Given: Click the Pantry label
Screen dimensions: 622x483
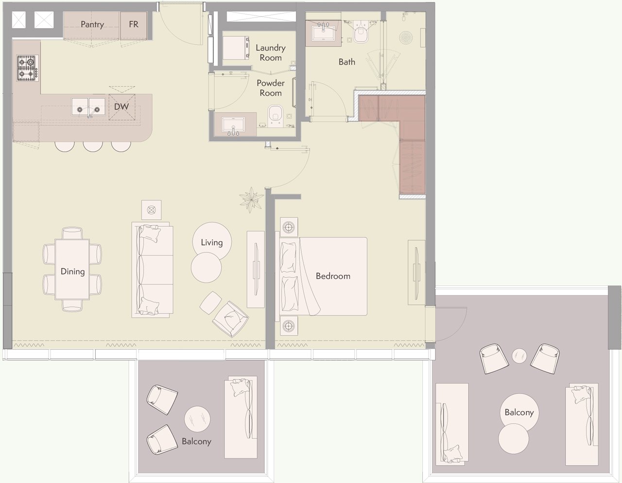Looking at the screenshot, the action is [x=92, y=25].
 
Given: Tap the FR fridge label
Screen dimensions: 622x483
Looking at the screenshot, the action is [x=133, y=24].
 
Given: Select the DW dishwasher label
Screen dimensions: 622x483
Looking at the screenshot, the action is [x=121, y=107].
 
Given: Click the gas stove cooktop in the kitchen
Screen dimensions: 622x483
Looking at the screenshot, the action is [x=27, y=68].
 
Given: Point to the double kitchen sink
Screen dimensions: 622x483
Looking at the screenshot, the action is [x=88, y=107].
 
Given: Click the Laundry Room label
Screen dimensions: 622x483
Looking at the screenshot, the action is [x=271, y=52].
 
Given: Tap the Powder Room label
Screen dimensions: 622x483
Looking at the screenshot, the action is [x=271, y=88].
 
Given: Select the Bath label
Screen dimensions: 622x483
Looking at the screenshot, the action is [x=346, y=62].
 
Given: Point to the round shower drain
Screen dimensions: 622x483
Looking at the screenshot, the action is [x=406, y=37].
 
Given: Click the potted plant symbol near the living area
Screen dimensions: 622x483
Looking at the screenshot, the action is [x=251, y=200].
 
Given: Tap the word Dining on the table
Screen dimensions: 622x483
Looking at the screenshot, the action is [x=72, y=271].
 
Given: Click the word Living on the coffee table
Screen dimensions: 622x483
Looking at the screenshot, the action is [x=211, y=243].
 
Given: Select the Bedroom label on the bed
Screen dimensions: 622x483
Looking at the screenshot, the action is [x=333, y=276].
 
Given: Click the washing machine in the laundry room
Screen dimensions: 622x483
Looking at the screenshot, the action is [x=236, y=48].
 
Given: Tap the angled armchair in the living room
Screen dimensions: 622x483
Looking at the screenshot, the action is [x=230, y=319].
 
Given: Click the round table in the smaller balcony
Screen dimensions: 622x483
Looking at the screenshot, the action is [x=197, y=419].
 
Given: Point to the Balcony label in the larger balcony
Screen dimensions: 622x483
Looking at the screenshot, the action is [x=519, y=413].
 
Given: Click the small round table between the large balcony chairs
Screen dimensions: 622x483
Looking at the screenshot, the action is [x=519, y=356].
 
